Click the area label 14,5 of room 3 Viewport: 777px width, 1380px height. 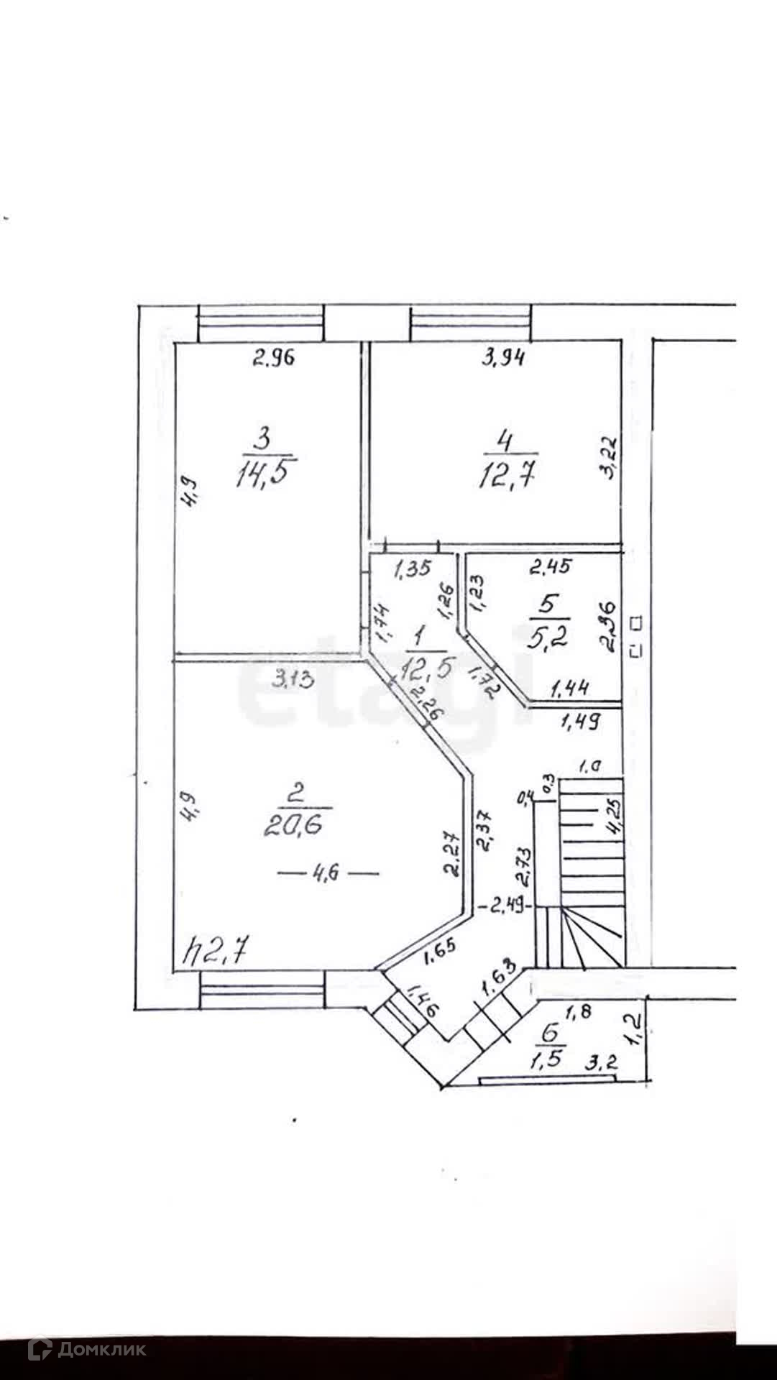pos(266,475)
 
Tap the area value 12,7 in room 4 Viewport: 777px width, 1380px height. pos(509,476)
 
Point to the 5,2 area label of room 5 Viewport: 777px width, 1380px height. pos(548,638)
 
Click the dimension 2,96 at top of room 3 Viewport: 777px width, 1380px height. pos(273,357)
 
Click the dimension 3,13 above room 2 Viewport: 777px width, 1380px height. pos(293,678)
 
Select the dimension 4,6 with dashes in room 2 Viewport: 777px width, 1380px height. pos(328,873)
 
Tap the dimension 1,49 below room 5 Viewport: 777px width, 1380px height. pos(580,721)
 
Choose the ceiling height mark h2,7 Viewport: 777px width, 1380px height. pos(216,952)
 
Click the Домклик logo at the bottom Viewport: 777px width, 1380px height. pos(86,1350)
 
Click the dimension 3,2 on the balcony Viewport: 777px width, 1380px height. pos(601,1063)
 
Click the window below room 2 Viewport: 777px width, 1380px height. pos(262,990)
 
